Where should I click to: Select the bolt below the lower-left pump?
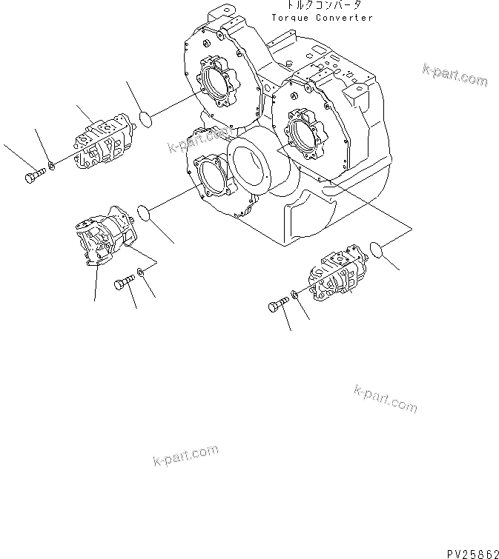pos(123,281)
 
